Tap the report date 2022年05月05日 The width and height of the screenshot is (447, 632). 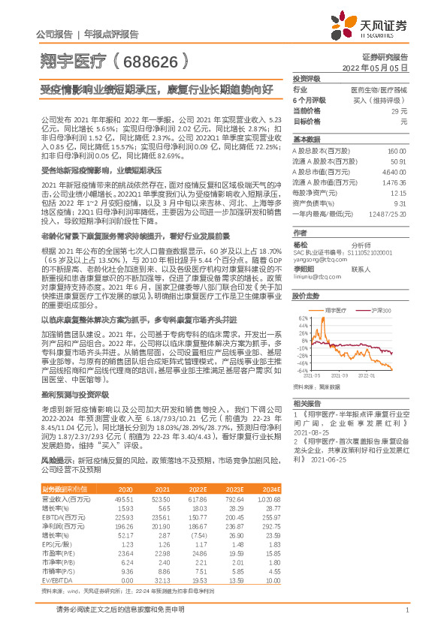375,68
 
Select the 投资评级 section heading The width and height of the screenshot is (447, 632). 307,78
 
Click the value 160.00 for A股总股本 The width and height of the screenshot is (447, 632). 397,151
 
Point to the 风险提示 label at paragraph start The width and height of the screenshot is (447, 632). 58,458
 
